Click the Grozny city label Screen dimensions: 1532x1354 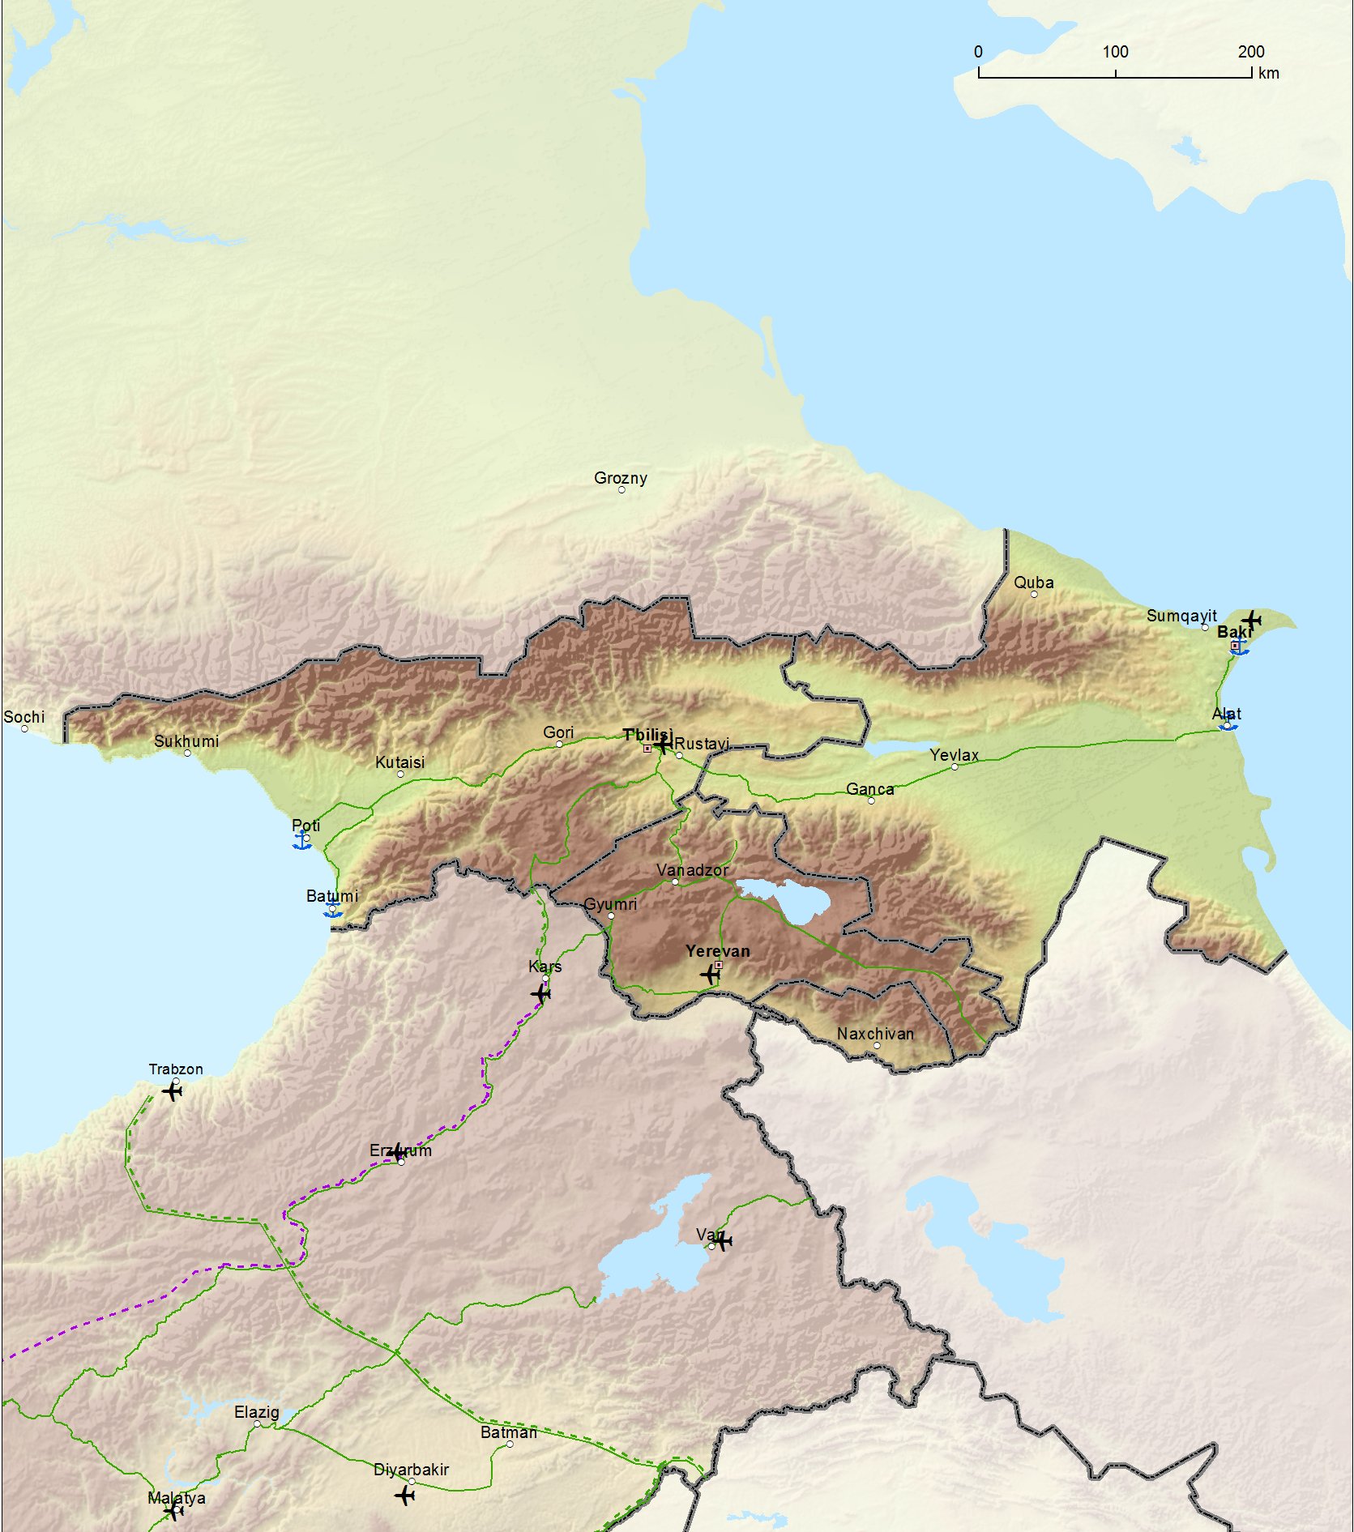(x=620, y=478)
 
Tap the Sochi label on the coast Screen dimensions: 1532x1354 (x=23, y=717)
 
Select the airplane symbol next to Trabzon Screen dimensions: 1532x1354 (x=172, y=1091)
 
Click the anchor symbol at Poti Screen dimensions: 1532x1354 (x=302, y=841)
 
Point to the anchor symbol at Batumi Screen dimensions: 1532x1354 (x=332, y=911)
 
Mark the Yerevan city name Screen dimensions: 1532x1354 (x=717, y=950)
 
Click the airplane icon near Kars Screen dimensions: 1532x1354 (x=540, y=993)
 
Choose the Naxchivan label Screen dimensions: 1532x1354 (x=875, y=1034)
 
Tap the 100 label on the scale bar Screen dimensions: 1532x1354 (x=1115, y=52)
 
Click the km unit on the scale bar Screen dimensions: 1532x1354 (x=1268, y=73)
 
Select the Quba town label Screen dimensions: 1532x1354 (x=1033, y=583)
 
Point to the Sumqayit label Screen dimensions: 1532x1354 (x=1181, y=616)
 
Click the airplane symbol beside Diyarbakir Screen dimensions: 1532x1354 (x=405, y=1495)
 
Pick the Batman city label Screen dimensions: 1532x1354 (x=508, y=1432)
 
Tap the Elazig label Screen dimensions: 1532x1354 (x=256, y=1412)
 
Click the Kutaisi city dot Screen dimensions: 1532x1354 (x=400, y=775)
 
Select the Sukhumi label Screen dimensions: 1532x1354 (x=186, y=741)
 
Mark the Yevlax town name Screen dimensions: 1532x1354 (x=954, y=755)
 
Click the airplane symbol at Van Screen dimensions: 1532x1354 (x=723, y=1240)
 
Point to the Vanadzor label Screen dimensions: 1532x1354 (x=692, y=869)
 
